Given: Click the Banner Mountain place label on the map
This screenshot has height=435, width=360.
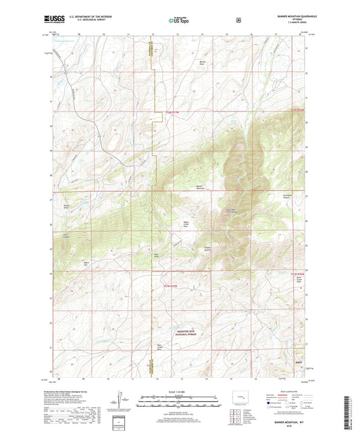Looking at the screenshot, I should coord(199,187).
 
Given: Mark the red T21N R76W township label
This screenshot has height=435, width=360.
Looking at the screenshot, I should coord(298,275).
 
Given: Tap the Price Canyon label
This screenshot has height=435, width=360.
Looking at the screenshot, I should coord(67,235).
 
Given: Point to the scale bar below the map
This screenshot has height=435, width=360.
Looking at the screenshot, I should coord(179,404).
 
